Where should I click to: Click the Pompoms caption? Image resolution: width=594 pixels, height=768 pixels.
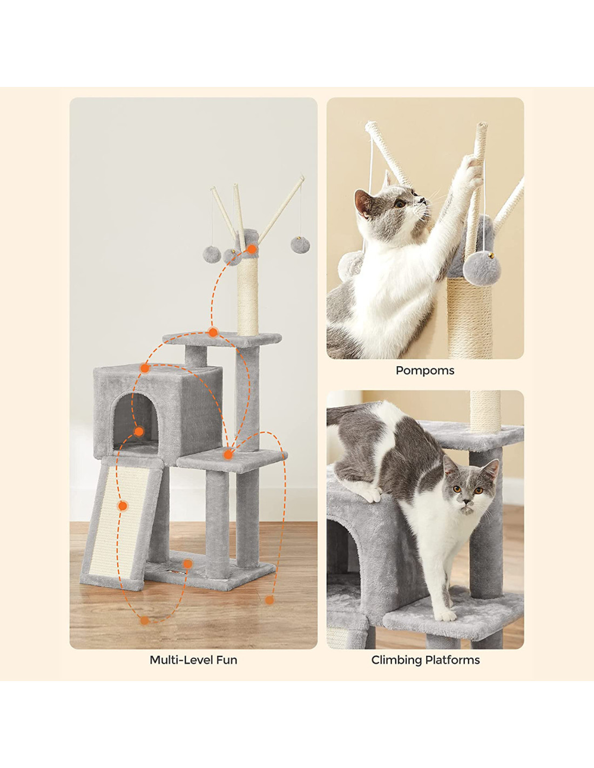(x=424, y=370)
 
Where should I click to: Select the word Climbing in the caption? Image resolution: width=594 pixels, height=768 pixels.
(x=396, y=660)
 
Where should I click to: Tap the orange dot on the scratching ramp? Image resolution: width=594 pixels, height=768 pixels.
(x=123, y=506)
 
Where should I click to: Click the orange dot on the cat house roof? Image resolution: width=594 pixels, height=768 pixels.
(x=145, y=368)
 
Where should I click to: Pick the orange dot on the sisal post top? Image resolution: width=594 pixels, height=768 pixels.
(x=252, y=249)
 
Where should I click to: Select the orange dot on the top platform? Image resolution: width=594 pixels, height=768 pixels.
(x=213, y=332)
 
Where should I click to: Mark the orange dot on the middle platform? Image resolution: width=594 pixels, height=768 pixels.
(x=228, y=455)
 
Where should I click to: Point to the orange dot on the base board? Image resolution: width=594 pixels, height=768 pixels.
(x=188, y=564)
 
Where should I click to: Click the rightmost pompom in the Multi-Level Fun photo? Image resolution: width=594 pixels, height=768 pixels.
(x=300, y=245)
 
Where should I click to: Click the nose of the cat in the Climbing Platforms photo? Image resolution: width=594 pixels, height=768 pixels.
(x=468, y=502)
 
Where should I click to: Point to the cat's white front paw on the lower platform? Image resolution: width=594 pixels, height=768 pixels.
(x=446, y=615)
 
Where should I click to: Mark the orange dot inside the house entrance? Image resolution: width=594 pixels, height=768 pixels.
(x=139, y=432)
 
